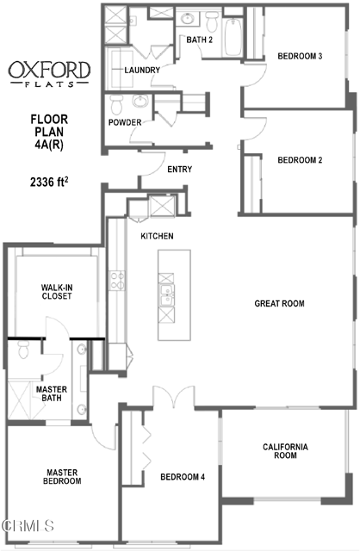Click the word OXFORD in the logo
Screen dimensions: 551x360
coord(48,70)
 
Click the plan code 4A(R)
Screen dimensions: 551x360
coord(48,144)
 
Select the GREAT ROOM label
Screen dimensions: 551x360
coord(279,303)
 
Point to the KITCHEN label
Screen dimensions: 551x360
coord(158,236)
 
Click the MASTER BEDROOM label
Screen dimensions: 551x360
coord(62,476)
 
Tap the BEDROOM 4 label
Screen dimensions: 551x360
coord(182,477)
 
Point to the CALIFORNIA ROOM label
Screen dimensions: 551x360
coord(285,450)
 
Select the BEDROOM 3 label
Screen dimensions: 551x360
coord(300,57)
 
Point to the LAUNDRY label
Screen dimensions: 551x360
coord(141,70)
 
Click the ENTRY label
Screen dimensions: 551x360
coord(179,169)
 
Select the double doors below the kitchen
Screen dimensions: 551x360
coord(173,399)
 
